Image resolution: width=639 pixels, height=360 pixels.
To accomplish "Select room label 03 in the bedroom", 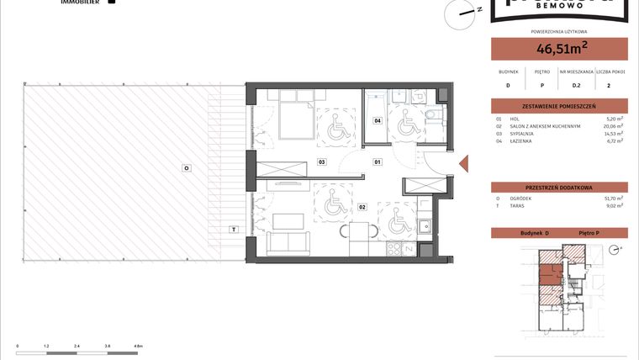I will point(321,161).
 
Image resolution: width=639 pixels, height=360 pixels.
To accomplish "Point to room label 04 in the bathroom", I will point(378,121).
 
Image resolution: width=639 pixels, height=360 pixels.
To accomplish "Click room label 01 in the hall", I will point(378,161).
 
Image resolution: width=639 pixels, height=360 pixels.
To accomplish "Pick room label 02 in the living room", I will point(362,206).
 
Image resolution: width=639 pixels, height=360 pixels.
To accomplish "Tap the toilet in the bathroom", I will point(430,117).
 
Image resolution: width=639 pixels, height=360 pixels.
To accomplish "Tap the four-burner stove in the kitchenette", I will point(392,250).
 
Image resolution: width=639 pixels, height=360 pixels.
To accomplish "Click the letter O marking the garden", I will point(187,168).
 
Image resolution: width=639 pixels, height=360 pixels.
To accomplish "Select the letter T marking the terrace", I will point(233,229).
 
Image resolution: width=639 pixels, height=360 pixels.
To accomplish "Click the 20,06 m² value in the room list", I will point(614,126).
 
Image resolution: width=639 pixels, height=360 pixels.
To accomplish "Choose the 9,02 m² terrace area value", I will point(614,205).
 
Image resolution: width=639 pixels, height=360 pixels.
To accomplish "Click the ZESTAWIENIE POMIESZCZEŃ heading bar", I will point(559,106).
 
